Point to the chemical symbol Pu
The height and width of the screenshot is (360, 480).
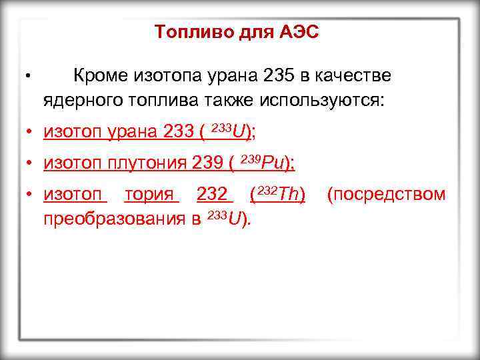coord(273,162)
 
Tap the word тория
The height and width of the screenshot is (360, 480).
coord(152,194)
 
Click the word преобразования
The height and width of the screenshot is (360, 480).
coord(115,218)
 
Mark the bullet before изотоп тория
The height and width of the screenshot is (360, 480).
coord(30,195)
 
